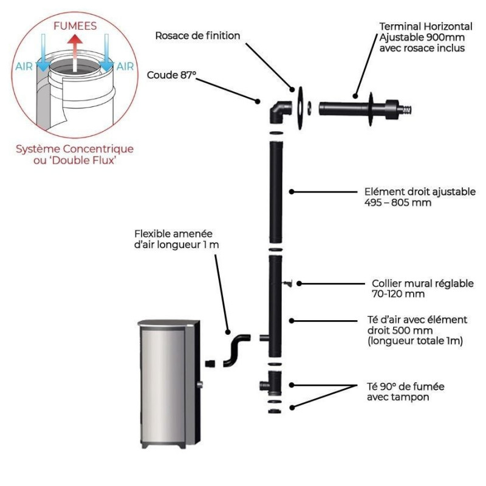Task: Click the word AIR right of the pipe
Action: (125, 67)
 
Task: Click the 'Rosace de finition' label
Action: (197, 36)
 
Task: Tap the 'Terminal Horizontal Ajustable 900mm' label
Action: (425, 37)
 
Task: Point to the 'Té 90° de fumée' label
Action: (406, 391)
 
